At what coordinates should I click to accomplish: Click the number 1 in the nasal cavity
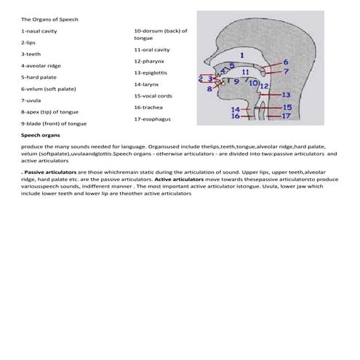coord(241,53)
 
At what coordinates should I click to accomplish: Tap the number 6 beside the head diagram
coord(286,63)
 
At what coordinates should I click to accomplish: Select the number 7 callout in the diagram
coord(286,72)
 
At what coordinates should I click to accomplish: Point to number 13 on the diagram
coord(286,95)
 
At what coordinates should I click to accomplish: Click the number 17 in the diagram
coord(286,116)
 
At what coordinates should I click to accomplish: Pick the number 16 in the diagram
coord(235,116)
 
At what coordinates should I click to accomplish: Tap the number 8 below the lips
coord(209,89)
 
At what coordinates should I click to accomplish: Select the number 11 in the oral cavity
coord(245,73)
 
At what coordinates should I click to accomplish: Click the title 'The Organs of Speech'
coord(48,19)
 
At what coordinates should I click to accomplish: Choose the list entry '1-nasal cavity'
coord(39,31)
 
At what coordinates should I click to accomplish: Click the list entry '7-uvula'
coord(32,100)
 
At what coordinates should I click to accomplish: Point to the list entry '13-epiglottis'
coord(151,73)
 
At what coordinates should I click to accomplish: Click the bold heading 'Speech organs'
coord(41,135)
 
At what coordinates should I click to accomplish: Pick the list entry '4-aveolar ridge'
coord(41,65)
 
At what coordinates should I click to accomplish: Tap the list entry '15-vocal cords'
coord(153,95)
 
